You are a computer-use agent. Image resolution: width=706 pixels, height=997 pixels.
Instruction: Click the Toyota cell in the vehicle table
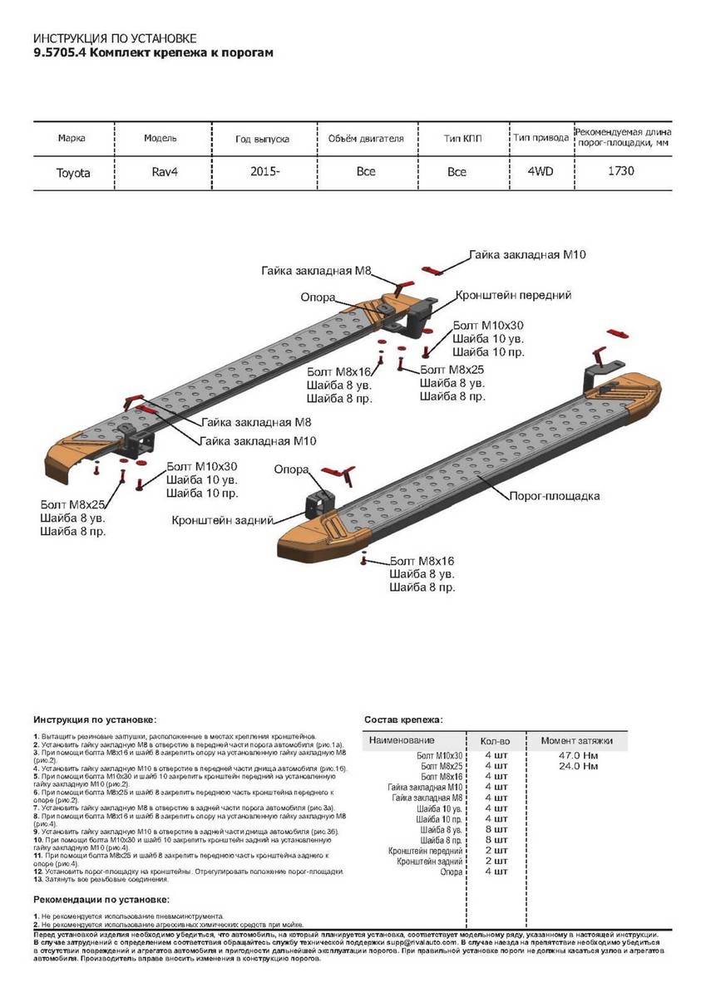(x=73, y=173)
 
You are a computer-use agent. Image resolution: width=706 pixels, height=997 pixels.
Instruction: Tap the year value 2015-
(x=265, y=171)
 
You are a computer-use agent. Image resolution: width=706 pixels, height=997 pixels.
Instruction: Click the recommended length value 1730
(x=622, y=171)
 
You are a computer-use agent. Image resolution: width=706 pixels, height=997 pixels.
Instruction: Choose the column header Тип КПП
(x=463, y=138)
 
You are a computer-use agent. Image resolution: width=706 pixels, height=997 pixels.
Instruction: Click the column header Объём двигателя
(x=366, y=138)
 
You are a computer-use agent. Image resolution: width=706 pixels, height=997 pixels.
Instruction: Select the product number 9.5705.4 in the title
(x=59, y=52)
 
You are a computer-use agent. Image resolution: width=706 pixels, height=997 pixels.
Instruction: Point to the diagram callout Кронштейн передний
(x=513, y=295)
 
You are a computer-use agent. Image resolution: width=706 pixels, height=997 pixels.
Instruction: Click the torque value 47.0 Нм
(x=580, y=755)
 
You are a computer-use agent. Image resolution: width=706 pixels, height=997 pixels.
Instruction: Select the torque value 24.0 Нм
(x=580, y=766)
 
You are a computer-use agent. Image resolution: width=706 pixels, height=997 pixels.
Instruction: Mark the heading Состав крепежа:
(x=403, y=719)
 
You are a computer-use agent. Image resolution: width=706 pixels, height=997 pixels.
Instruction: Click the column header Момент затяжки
(x=576, y=739)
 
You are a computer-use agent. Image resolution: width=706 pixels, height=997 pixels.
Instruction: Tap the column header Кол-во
(x=495, y=739)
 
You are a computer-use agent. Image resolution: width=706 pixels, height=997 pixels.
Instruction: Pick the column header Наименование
(x=402, y=739)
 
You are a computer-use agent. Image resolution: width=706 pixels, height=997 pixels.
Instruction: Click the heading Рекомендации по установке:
(x=101, y=900)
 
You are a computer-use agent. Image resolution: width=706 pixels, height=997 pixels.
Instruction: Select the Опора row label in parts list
(x=451, y=872)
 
